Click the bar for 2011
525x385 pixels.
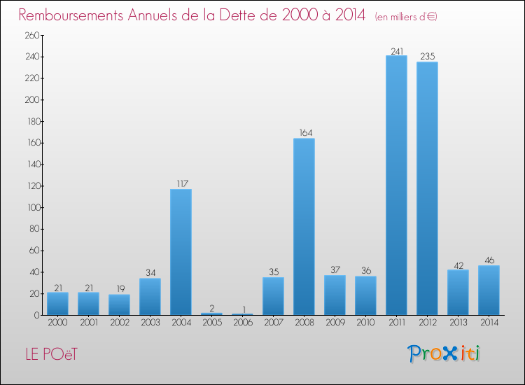coord(396,185)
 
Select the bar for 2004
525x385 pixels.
coord(181,252)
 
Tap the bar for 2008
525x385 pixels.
coord(304,227)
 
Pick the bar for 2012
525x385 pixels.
coord(427,188)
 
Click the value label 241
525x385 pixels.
coord(396,50)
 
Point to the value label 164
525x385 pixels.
coord(304,133)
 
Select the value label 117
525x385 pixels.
coord(181,184)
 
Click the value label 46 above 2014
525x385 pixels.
coord(489,260)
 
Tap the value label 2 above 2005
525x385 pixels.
coord(211,308)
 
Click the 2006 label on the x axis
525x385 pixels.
coord(242,323)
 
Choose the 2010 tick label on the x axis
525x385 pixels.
coord(365,323)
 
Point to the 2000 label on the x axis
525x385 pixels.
coord(57,323)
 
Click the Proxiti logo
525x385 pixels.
coord(444,353)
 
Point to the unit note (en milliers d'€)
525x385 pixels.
coord(406,16)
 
